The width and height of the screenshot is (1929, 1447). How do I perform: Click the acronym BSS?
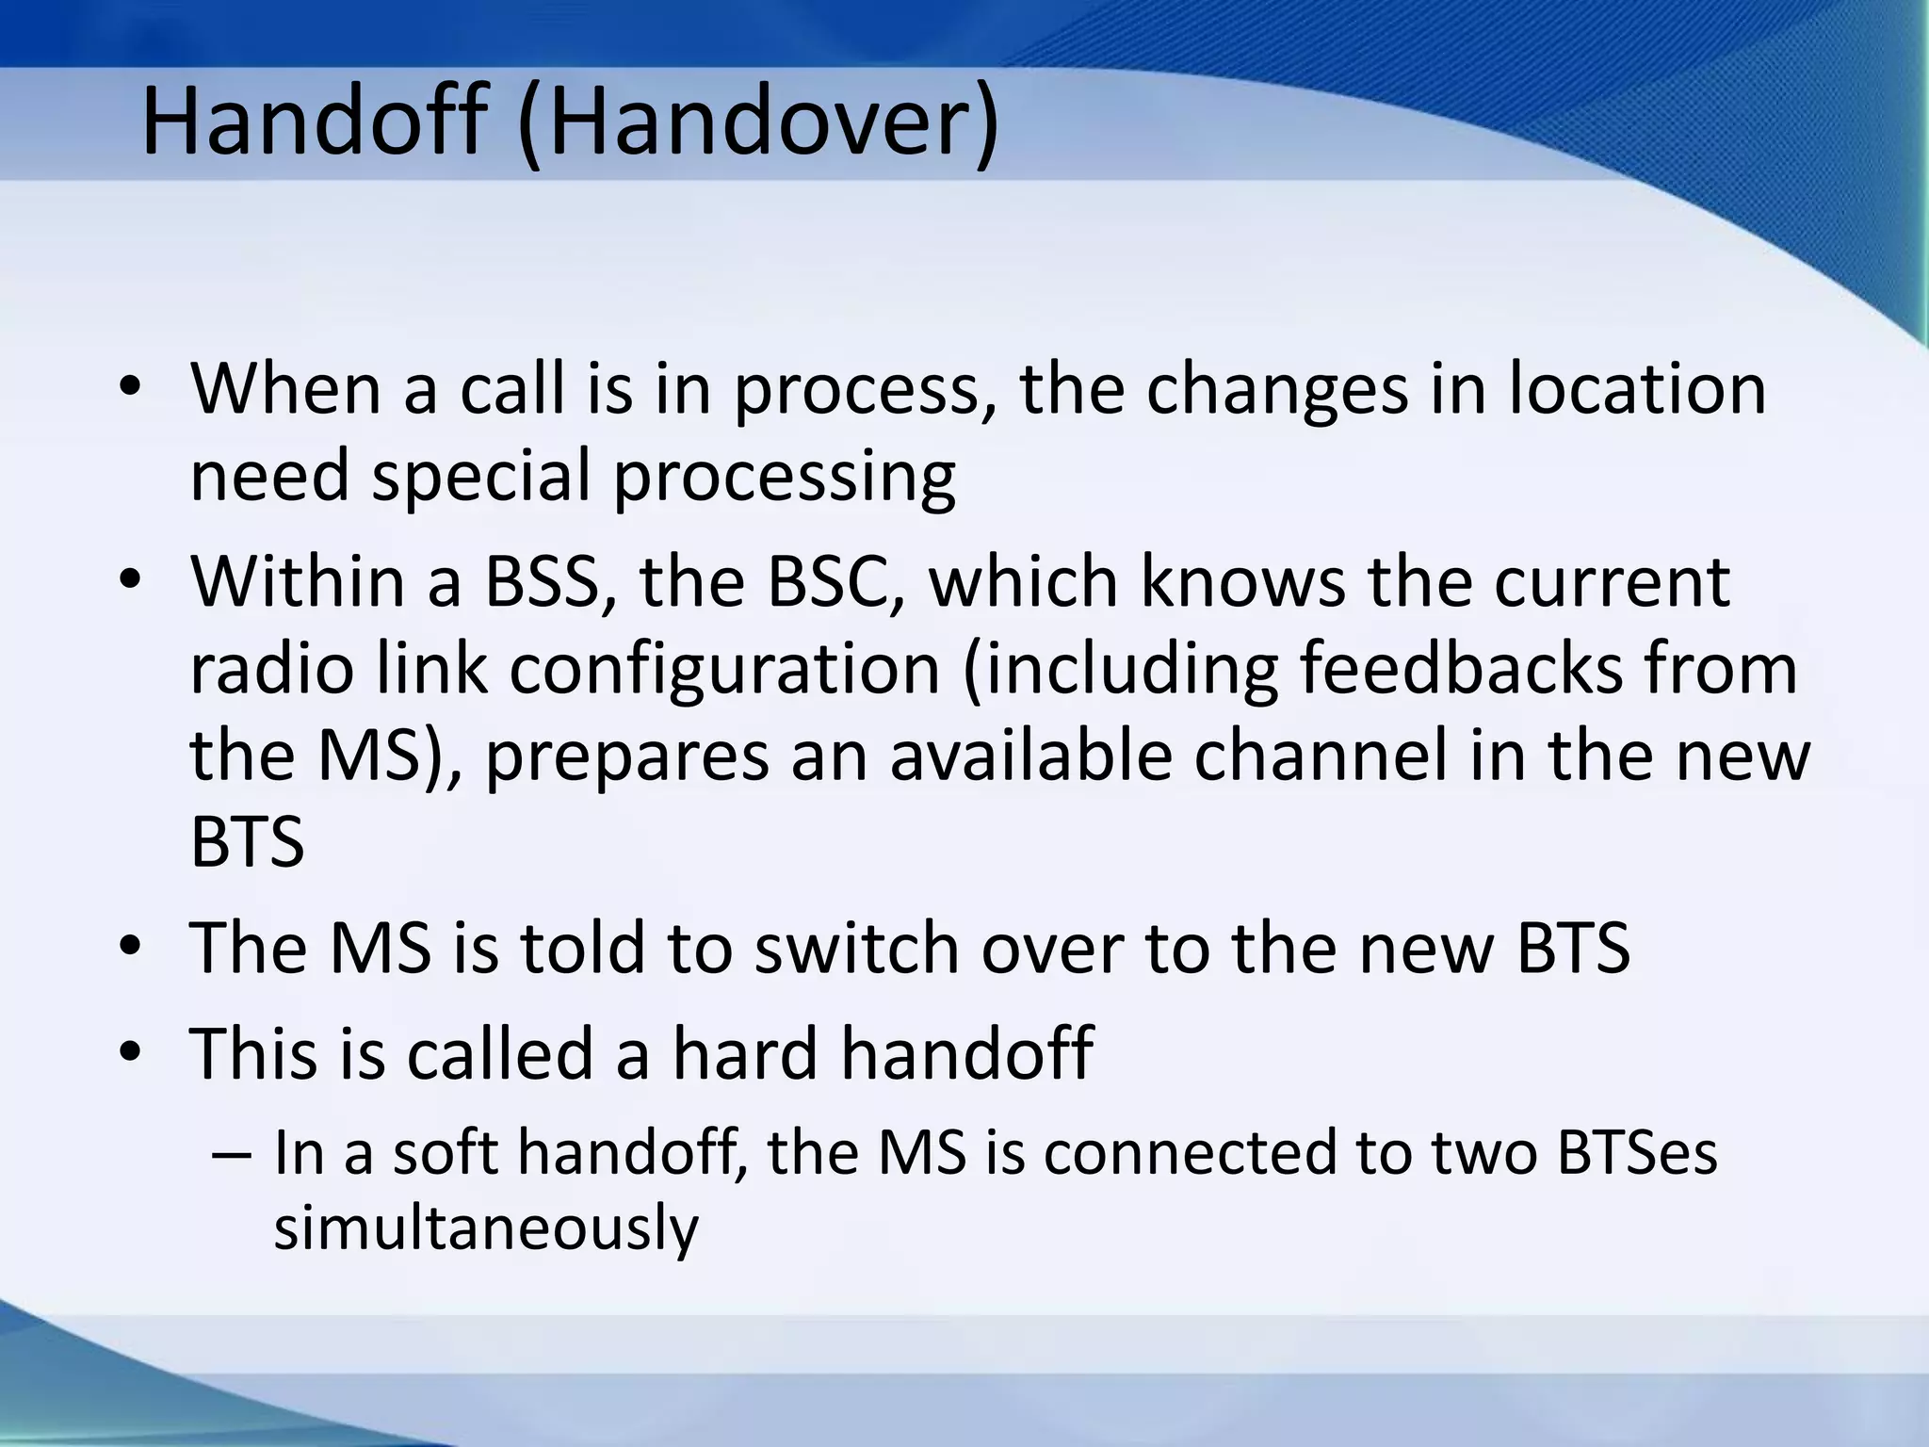[x=542, y=581]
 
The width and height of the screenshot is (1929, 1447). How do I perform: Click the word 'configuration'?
[x=725, y=669]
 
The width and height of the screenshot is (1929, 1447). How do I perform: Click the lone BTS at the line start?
[x=247, y=842]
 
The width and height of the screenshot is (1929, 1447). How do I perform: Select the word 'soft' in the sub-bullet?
[x=445, y=1153]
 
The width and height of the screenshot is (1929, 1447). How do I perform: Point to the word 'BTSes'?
[x=1637, y=1153]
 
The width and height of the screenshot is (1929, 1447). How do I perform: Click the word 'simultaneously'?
[x=486, y=1228]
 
